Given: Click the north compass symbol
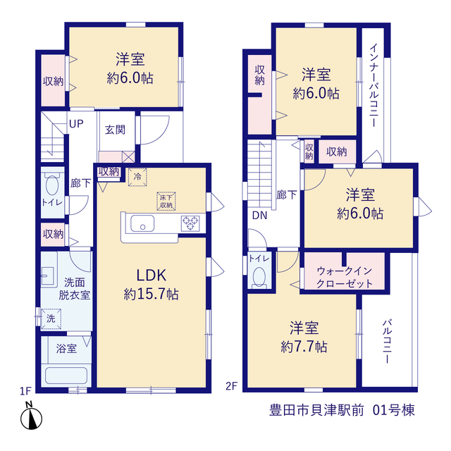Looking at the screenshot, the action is (x=31, y=416).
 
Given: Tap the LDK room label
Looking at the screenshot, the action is (x=152, y=276).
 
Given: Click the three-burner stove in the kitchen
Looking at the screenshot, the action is (x=190, y=223).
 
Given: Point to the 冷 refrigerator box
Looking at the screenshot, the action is (x=137, y=177).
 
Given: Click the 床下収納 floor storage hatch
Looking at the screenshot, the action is (x=166, y=201).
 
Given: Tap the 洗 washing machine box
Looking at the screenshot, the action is (x=51, y=319).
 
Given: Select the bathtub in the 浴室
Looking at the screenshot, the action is (x=66, y=376).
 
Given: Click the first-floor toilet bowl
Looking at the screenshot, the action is (x=52, y=185).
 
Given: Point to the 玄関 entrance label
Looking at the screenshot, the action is (x=115, y=130).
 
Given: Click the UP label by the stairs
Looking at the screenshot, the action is (x=76, y=124).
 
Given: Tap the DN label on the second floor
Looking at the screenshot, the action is (x=260, y=216).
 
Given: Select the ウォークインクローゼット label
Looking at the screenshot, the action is (x=345, y=277).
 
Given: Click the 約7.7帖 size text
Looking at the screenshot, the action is (x=304, y=347).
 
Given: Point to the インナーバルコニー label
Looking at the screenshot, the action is (x=374, y=85).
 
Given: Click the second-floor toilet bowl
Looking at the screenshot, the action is (x=259, y=277).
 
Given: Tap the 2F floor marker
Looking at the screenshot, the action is (x=231, y=386).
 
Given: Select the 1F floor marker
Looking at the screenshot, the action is (x=25, y=391).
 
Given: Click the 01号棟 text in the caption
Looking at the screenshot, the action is (x=394, y=410).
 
